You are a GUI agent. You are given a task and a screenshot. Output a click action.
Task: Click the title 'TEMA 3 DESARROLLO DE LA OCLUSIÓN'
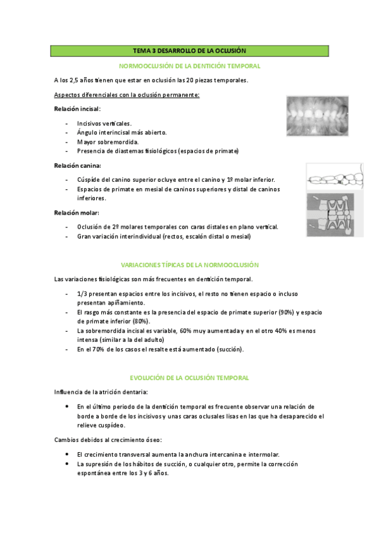tap(189, 50)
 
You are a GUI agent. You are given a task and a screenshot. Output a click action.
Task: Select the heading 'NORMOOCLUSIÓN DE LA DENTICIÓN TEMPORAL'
tap(189, 65)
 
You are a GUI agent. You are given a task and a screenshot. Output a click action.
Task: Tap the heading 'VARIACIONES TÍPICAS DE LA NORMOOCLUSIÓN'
tap(189, 264)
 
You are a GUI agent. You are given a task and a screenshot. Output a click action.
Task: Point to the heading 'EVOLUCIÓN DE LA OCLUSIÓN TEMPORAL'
tap(189, 377)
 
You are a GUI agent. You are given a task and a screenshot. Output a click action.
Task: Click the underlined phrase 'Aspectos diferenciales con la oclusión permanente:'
tap(127, 95)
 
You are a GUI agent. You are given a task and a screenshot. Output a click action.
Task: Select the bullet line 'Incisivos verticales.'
tap(104, 123)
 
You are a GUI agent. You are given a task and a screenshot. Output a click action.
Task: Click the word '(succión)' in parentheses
tap(229, 349)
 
